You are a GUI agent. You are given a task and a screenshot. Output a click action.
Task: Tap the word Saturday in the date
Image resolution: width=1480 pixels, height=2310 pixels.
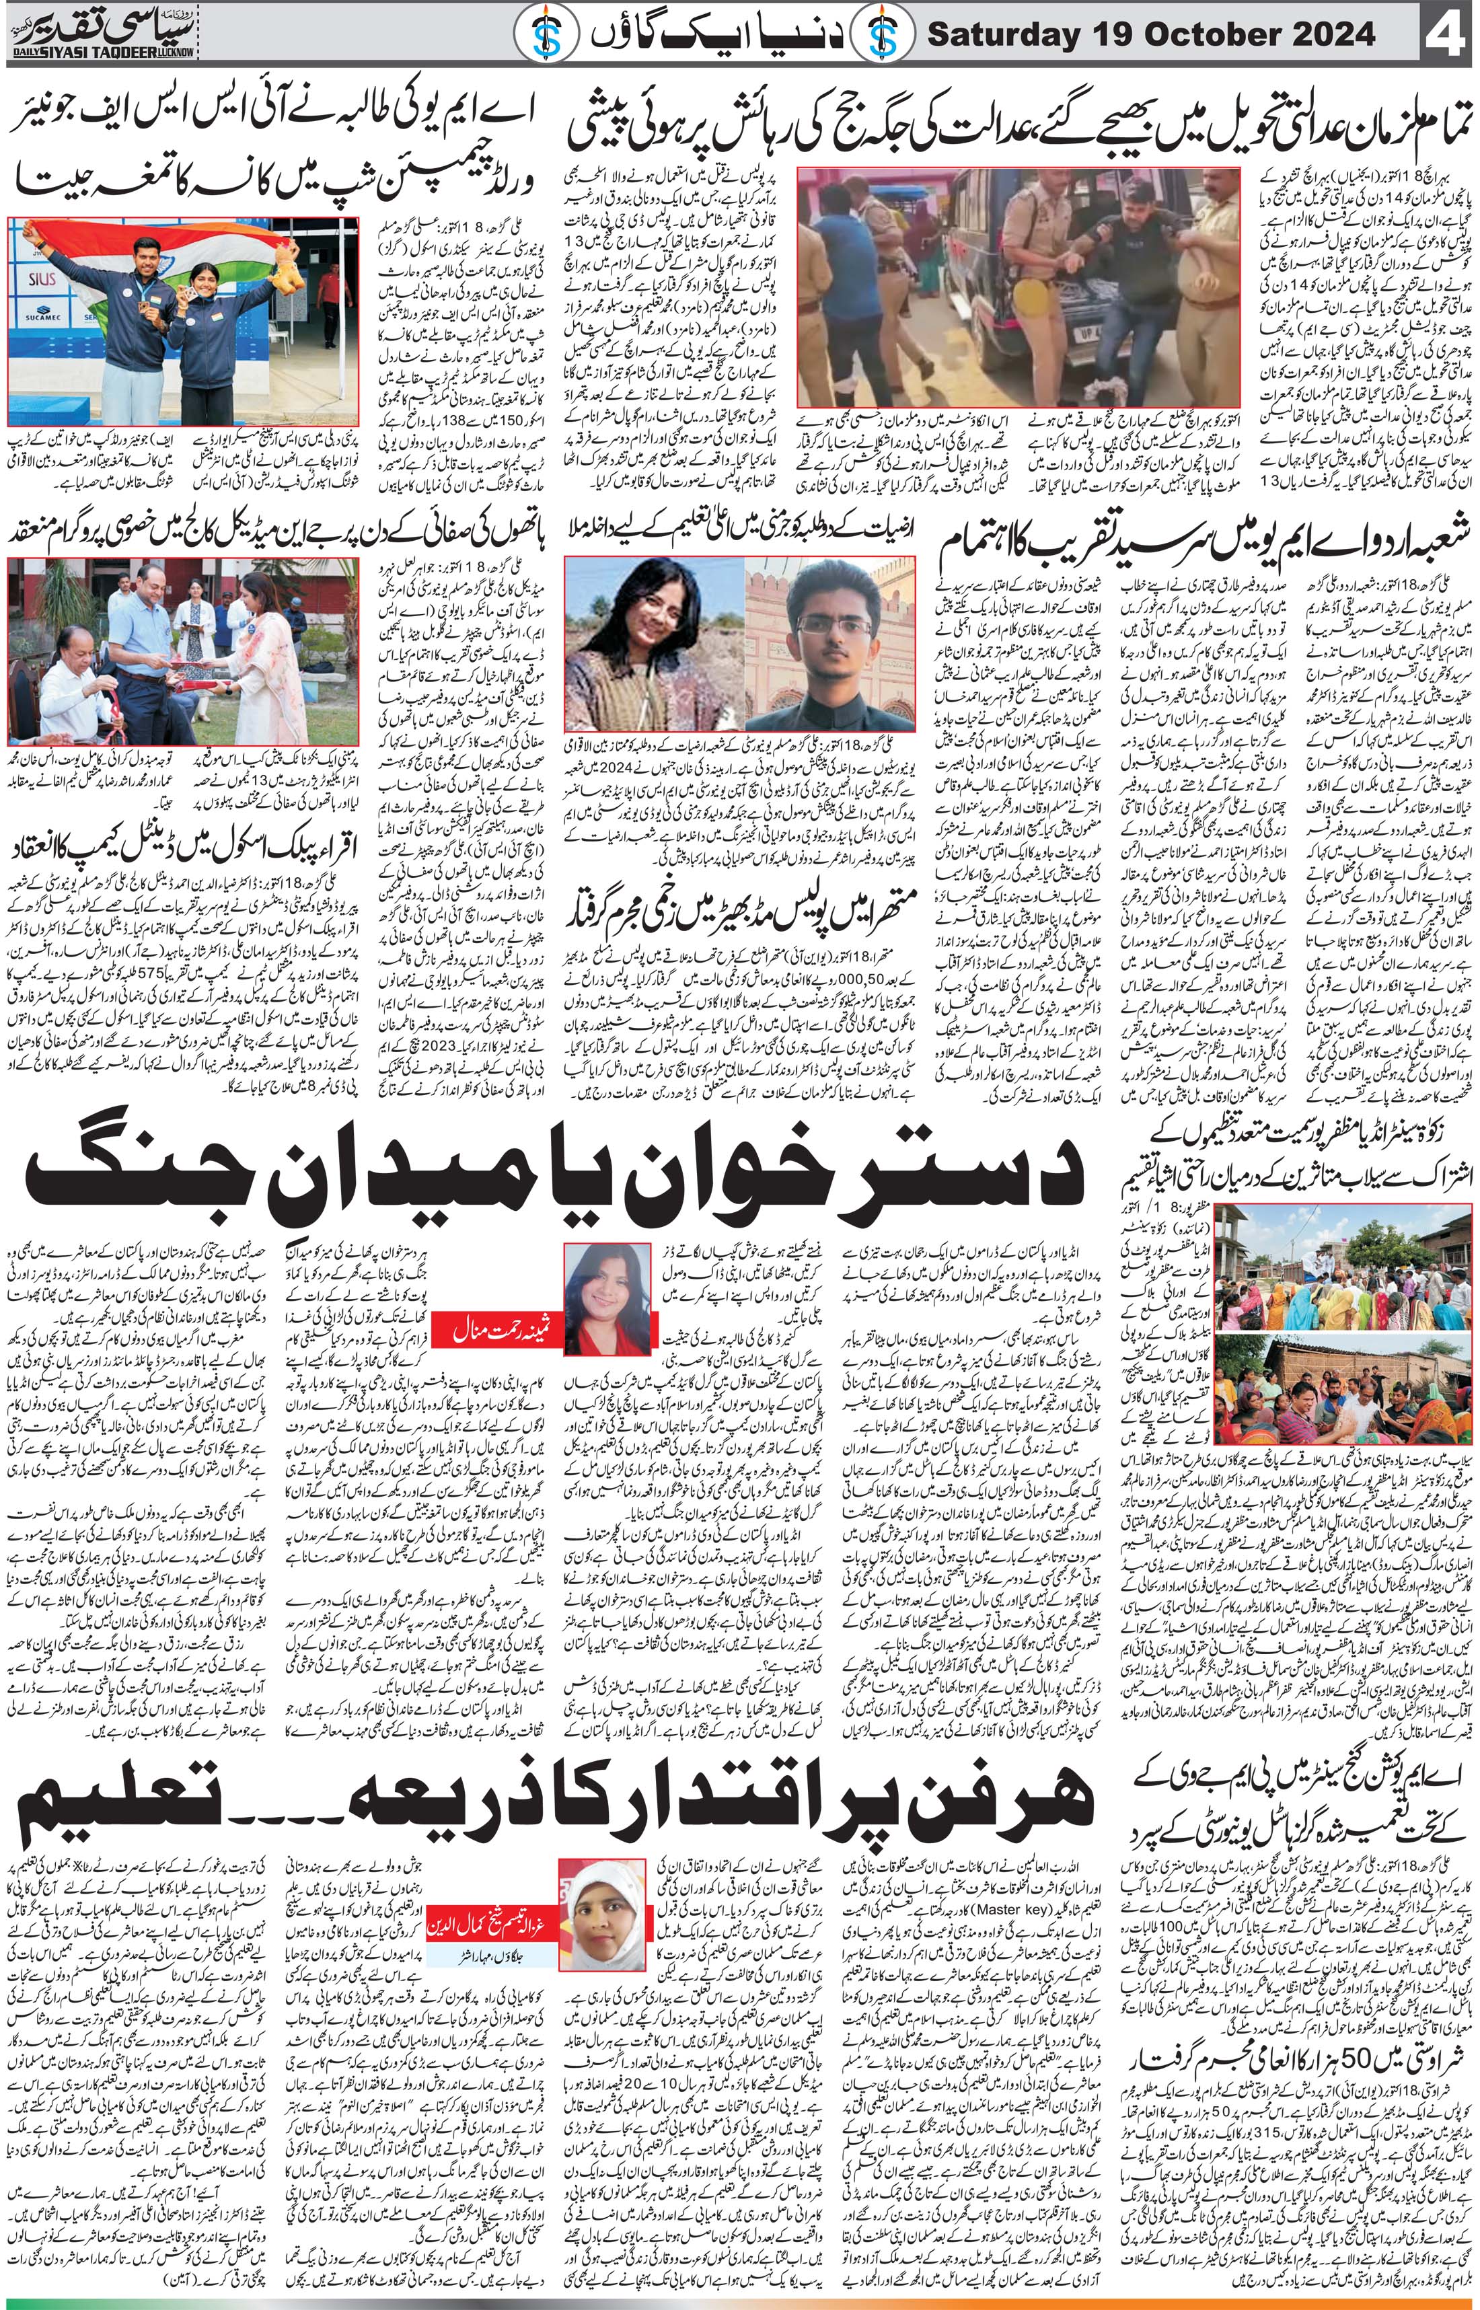(x=1000, y=36)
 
